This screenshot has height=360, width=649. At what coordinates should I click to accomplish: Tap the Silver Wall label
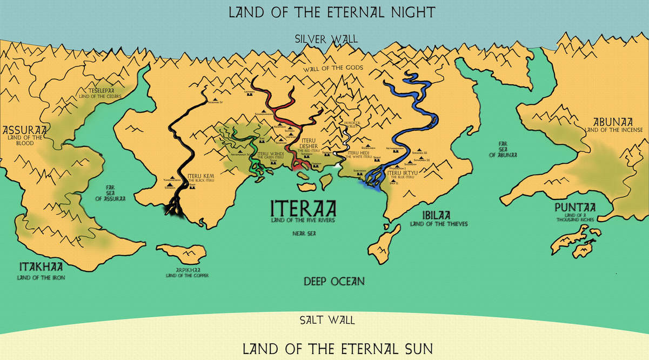[324, 39]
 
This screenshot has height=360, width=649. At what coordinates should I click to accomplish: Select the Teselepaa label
[101, 91]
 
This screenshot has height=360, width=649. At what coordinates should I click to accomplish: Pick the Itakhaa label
[41, 266]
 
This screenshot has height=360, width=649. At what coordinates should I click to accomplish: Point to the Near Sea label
[304, 234]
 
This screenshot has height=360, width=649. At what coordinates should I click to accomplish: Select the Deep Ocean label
[333, 281]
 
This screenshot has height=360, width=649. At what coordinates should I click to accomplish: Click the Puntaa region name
[575, 208]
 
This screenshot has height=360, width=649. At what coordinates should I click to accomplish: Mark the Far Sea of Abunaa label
[503, 149]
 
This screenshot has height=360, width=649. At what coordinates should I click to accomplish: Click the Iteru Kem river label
[201, 176]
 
